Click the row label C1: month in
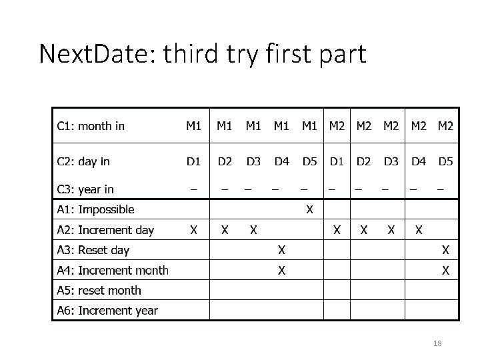click(x=91, y=126)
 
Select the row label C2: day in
click(x=83, y=161)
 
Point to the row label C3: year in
click(x=85, y=189)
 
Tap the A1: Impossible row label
click(x=95, y=209)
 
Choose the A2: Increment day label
click(x=105, y=230)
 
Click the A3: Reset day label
click(x=93, y=250)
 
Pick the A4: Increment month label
click(x=113, y=270)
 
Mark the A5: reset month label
click(x=99, y=290)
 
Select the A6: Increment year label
click(x=107, y=310)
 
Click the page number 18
click(x=437, y=343)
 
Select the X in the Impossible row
click(x=309, y=210)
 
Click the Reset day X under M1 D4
click(x=282, y=251)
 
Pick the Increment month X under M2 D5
click(x=445, y=271)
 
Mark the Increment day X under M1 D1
click(x=193, y=230)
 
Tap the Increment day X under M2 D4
click(x=418, y=230)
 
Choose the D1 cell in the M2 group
click(x=337, y=161)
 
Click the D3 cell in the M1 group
click(x=253, y=161)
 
